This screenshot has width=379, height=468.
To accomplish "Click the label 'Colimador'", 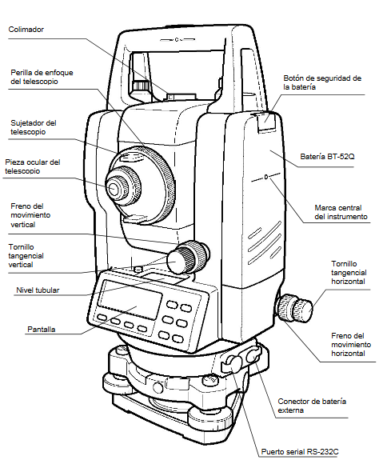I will tap(26, 30).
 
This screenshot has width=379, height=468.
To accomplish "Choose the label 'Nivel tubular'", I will tap(38, 290).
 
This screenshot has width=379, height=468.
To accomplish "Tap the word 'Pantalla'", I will tap(41, 329).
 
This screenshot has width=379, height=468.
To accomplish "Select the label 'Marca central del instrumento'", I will tap(341, 211).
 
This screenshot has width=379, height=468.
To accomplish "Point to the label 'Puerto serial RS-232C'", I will tap(300, 451).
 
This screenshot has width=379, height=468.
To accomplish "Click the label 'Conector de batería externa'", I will tap(312, 406).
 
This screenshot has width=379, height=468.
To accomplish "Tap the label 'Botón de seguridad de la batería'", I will tap(323, 82).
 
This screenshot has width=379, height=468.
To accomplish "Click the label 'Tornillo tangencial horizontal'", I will tap(349, 273).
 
